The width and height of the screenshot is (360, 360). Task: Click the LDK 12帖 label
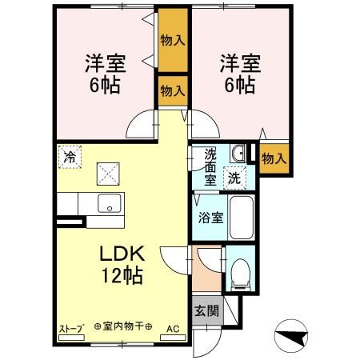point(122,264)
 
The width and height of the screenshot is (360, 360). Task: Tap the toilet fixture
point(241,274)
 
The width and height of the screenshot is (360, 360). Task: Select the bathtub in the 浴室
point(242,218)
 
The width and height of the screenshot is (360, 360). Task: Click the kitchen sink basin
point(110,203)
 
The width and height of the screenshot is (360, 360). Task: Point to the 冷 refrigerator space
point(70,157)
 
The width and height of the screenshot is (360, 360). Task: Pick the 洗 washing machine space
point(234,178)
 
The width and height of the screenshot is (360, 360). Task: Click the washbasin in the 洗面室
point(238,154)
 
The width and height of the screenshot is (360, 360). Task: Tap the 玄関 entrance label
point(206,310)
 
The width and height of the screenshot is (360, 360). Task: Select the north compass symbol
point(291,336)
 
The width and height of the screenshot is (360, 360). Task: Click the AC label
point(173,329)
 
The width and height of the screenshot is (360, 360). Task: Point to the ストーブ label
point(72,328)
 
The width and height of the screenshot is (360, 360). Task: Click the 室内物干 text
point(123,326)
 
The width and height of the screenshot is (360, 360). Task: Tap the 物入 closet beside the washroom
point(274,159)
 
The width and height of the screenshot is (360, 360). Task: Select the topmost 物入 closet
point(173,40)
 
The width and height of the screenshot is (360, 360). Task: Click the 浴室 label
point(210,218)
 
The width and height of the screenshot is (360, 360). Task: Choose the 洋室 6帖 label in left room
point(105,74)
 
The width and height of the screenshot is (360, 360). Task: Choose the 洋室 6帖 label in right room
point(240,74)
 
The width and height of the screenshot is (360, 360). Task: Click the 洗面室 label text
point(210,167)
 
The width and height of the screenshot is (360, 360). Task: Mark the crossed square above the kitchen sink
point(108,174)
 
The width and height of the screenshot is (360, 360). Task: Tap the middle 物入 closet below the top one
point(173,91)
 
